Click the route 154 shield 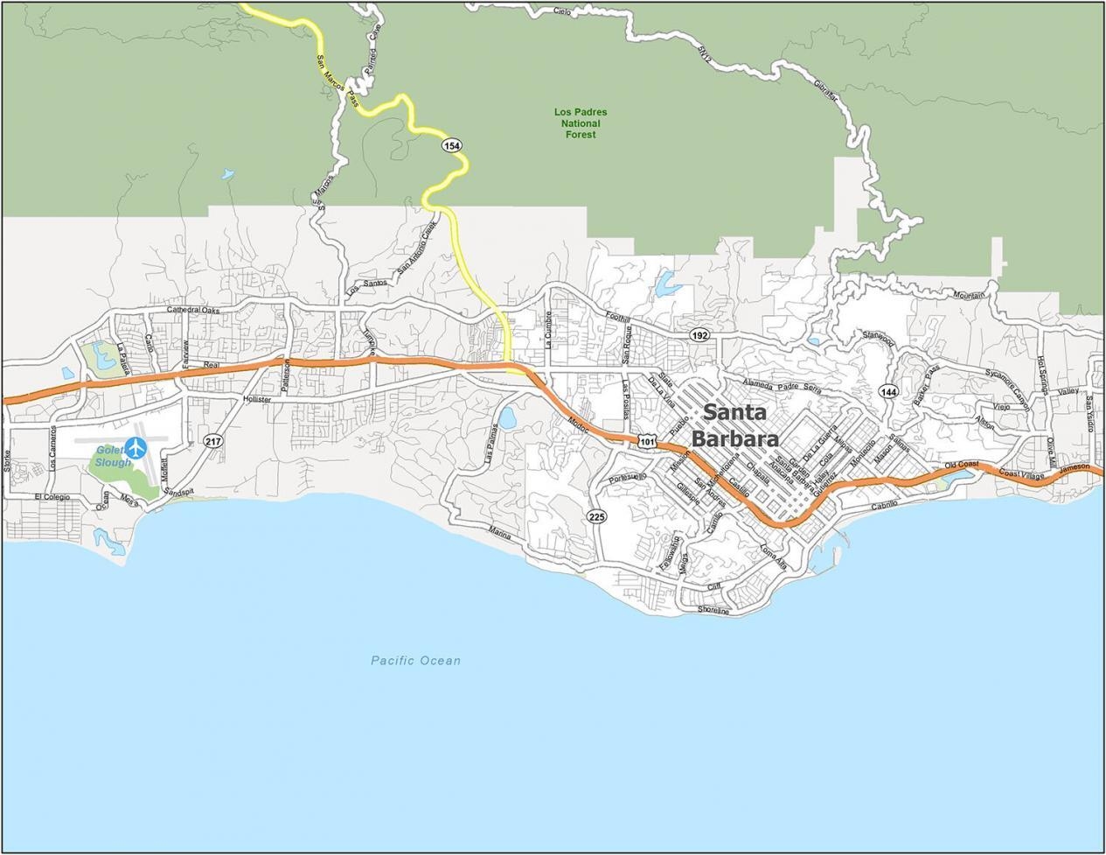pos(451,145)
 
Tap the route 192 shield pos(699,335)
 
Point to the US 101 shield pos(647,442)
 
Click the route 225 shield pos(596,516)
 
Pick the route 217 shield pos(212,441)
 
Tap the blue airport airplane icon pos(136,447)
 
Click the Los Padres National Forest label pos(581,123)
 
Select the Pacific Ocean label pos(415,661)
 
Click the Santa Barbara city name pos(734,424)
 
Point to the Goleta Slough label pos(112,456)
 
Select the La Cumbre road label pos(549,330)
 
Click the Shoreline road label pos(713,610)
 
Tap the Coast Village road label pos(1021,473)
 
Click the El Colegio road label pos(52,497)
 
